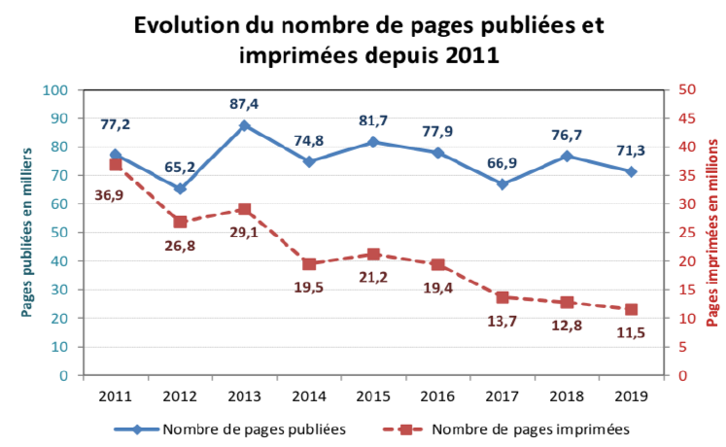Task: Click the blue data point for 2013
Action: pos(244,125)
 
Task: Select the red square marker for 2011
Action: pos(115,164)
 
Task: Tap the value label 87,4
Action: pos(244,103)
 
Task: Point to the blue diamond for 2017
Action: pos(501,184)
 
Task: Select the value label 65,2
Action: pos(180,166)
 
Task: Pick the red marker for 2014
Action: pos(308,263)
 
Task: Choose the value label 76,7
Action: pos(567,134)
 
